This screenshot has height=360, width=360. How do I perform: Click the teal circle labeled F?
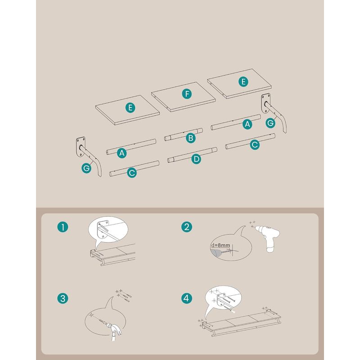coord(187,94)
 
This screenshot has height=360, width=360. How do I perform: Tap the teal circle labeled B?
coord(190,138)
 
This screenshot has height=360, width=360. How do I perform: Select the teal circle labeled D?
coord(196,159)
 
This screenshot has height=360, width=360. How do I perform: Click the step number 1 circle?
coord(63,227)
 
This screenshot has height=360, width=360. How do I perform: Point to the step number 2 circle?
coord(187,227)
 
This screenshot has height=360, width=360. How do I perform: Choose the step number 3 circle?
coord(63,299)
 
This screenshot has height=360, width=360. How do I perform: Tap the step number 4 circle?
coord(187,298)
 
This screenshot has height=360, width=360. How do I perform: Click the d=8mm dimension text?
coord(220,245)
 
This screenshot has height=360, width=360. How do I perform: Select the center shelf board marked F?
coord(184,97)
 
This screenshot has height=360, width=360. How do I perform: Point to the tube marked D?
coord(193,155)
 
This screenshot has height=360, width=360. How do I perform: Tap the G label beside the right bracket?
coord(270,123)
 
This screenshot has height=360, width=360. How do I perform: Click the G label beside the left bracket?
coord(86,168)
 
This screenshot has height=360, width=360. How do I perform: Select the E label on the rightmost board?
coord(243,81)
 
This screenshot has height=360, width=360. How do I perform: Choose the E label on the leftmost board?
coord(130,108)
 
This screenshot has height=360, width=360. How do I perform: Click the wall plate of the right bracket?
coord(265,103)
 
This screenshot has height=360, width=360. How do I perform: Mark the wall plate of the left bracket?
coord(81,147)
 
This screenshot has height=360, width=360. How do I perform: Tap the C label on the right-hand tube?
coord(255,145)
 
